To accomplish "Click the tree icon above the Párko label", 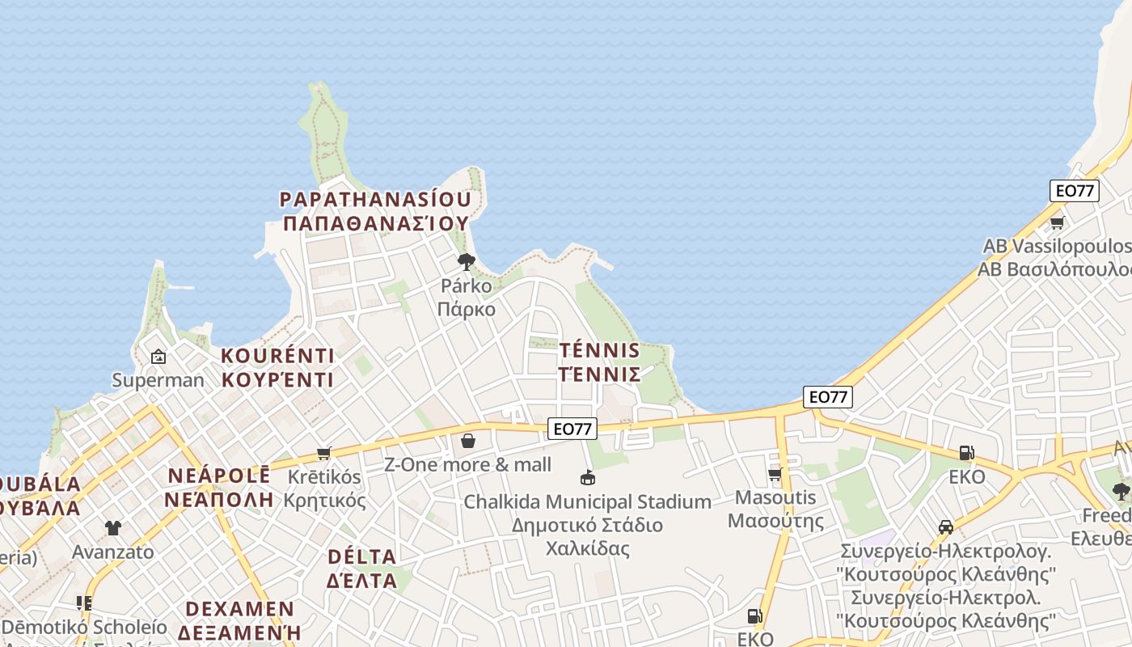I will (x=466, y=261).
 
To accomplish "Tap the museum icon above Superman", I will (x=158, y=356).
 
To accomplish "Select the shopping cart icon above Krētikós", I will (x=324, y=453).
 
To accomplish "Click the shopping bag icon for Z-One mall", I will (x=467, y=441).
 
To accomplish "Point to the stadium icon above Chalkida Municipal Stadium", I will (x=588, y=478).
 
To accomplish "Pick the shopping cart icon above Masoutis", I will (x=775, y=474).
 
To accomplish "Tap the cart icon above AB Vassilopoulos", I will (x=1056, y=222).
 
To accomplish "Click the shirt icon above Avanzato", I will (x=112, y=528).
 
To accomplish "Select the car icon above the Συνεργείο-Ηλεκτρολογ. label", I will (x=945, y=527).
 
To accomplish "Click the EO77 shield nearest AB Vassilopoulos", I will (x=1074, y=191).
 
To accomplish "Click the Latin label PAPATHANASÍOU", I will (x=375, y=199).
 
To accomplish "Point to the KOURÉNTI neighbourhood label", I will (x=277, y=356).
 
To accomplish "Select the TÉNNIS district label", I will (x=599, y=351).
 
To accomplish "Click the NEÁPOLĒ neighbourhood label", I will (x=218, y=476).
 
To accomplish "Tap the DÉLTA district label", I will (x=361, y=556).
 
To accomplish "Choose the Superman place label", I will (x=158, y=380).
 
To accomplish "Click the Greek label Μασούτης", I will (x=775, y=520).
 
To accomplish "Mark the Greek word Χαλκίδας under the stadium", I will (x=587, y=548).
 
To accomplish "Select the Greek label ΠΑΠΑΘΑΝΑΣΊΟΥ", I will (x=376, y=223).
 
